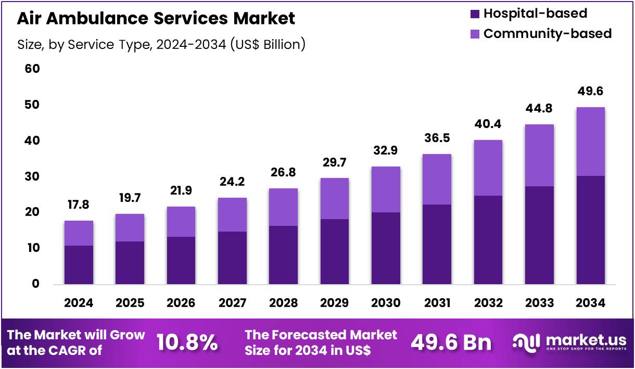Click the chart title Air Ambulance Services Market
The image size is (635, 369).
coord(156,18)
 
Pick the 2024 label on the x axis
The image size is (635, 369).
coord(79,303)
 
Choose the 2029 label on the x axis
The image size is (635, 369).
coord(334,303)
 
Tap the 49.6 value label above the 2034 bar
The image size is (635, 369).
coord(590,92)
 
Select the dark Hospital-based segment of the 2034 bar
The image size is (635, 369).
coord(590,230)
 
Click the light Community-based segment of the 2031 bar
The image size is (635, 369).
coord(437,180)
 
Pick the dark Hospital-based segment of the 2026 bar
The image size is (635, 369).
coord(181,261)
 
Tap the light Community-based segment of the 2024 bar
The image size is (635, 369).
coord(79,233)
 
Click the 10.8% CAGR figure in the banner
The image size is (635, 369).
coord(187,342)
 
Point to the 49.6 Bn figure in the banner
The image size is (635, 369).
coord(451,342)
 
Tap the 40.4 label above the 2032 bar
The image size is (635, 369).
coord(488,125)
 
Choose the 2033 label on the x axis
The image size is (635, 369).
coord(539,303)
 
